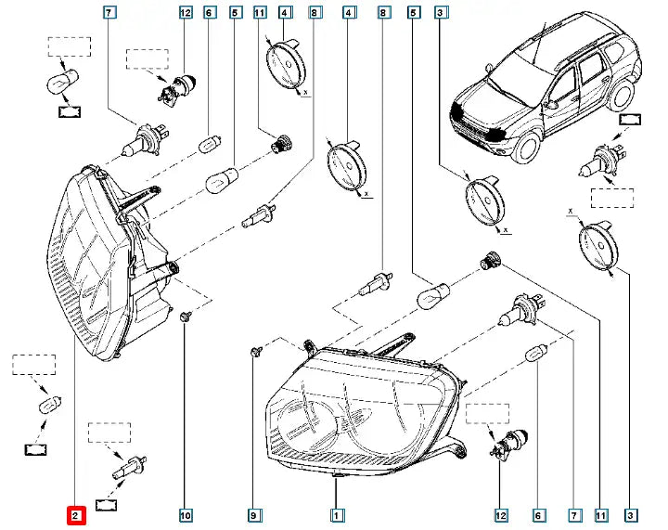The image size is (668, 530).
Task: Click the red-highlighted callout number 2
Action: coord(75,512)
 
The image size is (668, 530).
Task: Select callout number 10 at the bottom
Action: coord(185,512)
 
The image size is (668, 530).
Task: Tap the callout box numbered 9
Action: coord(253,512)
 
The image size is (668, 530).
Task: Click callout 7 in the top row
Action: coord(109,13)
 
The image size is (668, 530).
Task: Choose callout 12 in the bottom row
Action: coord(501,512)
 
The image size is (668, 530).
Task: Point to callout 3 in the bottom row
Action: coord(632,512)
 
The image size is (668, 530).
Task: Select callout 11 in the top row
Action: coord(260,13)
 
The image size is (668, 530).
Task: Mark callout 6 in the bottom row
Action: coord(539,512)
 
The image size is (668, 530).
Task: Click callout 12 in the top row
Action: coord(185,13)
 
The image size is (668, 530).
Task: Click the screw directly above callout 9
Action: coord(254,351)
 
